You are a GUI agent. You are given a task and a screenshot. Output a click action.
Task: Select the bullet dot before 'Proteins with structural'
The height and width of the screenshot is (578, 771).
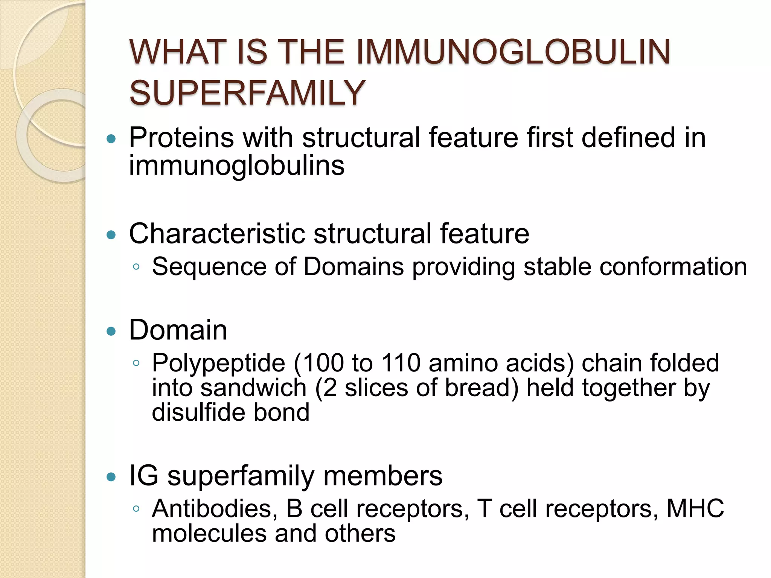(x=111, y=139)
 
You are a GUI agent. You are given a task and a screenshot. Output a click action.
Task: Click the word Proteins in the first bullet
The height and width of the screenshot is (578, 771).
(x=181, y=138)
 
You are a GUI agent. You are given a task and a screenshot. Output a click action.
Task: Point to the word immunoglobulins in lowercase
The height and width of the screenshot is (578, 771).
(x=236, y=166)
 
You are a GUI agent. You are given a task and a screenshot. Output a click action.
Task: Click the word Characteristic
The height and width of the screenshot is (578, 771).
(x=216, y=234)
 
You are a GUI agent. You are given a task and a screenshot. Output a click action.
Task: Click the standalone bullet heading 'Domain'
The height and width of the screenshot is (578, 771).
(x=178, y=330)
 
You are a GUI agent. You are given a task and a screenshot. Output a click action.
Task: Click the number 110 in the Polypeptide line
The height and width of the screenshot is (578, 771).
(x=401, y=363)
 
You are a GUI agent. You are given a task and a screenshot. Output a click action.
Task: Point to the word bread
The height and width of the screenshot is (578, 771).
(x=481, y=388)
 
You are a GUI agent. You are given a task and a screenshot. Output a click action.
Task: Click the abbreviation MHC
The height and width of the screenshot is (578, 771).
(x=695, y=509)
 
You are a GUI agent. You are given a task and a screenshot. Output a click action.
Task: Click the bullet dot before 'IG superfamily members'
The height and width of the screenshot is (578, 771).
(x=111, y=477)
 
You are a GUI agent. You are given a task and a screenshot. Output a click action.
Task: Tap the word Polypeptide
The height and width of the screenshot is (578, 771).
(x=218, y=364)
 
